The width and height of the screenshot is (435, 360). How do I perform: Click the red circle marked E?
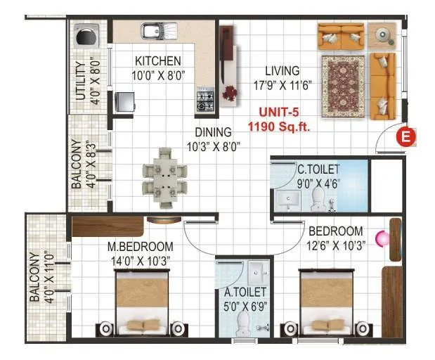point(405,137)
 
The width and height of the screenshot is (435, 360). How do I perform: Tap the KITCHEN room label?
point(157,61)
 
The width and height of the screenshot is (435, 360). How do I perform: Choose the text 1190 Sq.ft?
point(279,128)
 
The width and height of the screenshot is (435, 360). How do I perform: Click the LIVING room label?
point(283,70)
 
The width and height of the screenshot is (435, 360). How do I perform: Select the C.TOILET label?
point(318,169)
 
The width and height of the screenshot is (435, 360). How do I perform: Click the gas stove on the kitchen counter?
point(205,101)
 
